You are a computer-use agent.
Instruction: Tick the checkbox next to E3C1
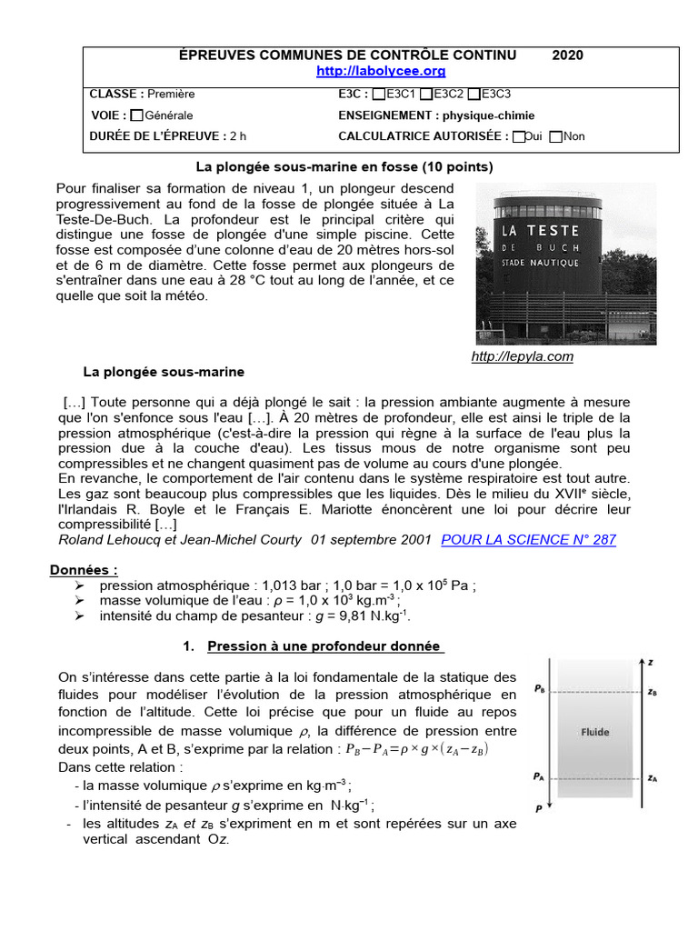pos(379,94)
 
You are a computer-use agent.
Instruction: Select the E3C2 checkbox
pos(426,94)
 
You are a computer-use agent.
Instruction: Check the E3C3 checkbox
pos(474,94)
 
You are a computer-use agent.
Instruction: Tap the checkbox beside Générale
pos(136,115)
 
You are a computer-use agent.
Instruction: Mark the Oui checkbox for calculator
pos(518,137)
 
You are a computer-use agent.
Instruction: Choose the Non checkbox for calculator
pos(556,137)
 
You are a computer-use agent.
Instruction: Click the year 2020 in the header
pos(568,55)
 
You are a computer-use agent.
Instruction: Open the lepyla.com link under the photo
pos(523,356)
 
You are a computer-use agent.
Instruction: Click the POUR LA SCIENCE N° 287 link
pos(528,539)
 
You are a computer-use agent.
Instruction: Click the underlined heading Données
pos(84,571)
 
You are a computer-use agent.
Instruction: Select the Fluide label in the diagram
pos(595,732)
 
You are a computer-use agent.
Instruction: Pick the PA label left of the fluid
pos(539,776)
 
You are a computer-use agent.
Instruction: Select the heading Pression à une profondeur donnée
pos(324,647)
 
